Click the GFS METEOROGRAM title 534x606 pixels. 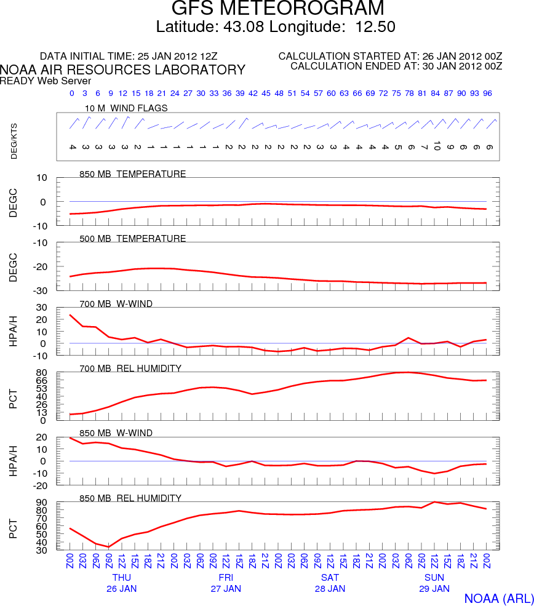tap(277, 9)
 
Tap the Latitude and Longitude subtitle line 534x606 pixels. tap(276, 27)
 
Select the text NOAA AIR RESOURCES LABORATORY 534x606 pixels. tap(123, 70)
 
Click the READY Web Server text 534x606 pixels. tap(46, 81)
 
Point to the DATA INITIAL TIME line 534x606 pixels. tap(147, 56)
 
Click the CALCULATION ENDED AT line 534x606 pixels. tap(396, 66)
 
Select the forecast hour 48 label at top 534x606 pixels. tap(279, 94)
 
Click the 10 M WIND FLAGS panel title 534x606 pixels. tap(126, 108)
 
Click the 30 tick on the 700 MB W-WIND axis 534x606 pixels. tap(42, 308)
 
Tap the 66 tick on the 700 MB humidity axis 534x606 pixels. tap(42, 381)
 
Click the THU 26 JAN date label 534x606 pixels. tap(121, 583)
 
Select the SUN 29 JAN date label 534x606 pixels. tap(434, 583)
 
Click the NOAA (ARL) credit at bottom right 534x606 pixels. tap(497, 599)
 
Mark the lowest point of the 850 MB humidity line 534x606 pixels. tap(108, 547)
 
